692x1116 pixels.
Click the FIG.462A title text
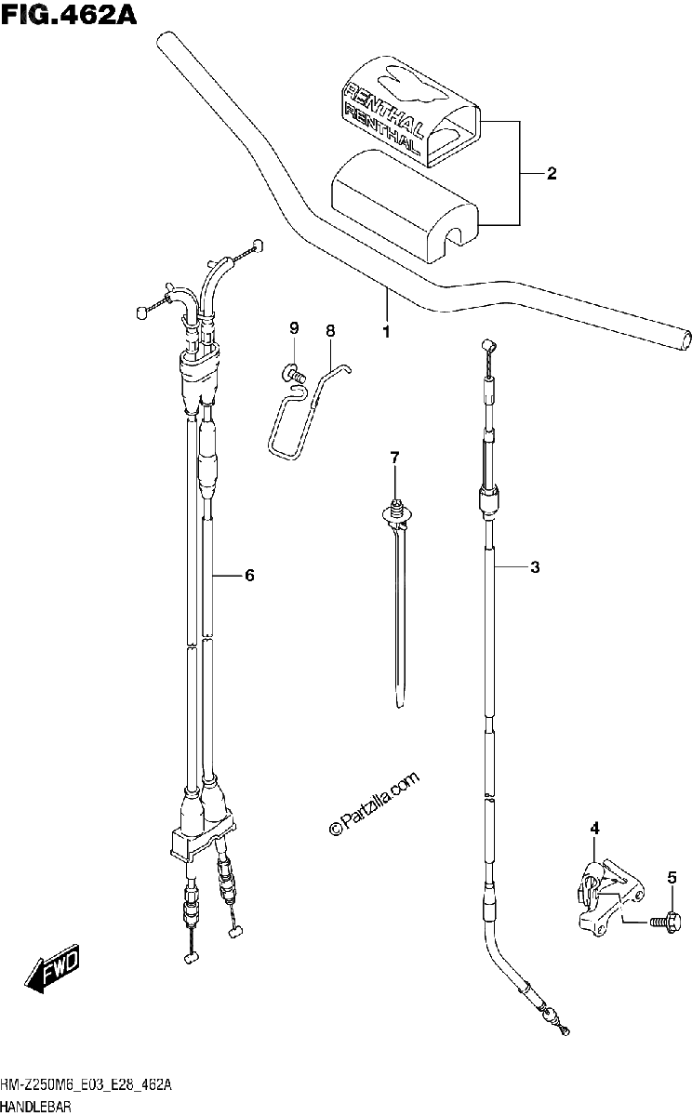(69, 15)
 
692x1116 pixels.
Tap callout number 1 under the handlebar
(386, 332)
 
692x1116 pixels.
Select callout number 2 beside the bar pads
(551, 173)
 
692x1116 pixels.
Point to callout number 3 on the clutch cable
(535, 567)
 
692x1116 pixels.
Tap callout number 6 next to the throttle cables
(249, 576)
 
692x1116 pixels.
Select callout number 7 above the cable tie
(394, 458)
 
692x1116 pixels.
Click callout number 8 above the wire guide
(330, 331)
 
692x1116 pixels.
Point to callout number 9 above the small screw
(294, 328)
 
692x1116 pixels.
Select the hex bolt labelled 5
(665, 923)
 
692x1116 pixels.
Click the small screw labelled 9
(291, 374)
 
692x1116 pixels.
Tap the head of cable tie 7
(396, 512)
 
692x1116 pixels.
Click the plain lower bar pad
(404, 205)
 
